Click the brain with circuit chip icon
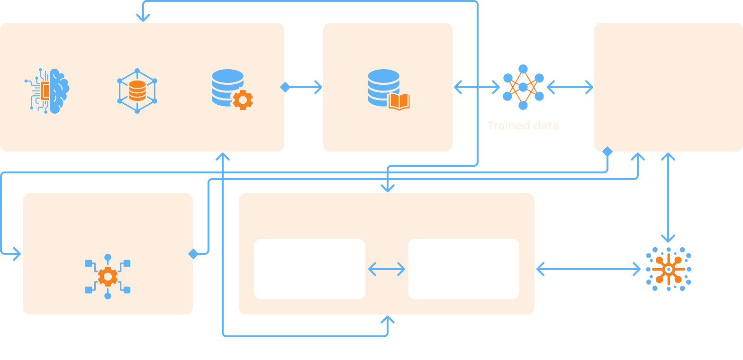(x=47, y=90)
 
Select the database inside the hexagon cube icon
(x=137, y=90)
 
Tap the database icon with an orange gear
(x=232, y=90)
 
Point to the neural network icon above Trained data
(x=523, y=87)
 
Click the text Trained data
(x=523, y=126)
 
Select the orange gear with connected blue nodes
(x=108, y=276)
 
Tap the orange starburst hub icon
(x=668, y=269)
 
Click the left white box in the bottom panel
(x=309, y=269)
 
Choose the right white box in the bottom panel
(x=463, y=269)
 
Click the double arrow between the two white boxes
(x=387, y=269)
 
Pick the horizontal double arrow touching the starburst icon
(x=588, y=269)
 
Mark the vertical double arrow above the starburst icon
(x=668, y=198)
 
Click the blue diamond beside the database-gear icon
(x=285, y=87)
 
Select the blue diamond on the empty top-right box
(x=607, y=152)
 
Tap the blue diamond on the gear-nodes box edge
(x=193, y=254)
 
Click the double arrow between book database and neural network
(x=477, y=87)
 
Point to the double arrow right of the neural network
(x=570, y=87)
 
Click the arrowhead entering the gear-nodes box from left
(x=17, y=254)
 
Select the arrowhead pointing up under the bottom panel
(x=388, y=320)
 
